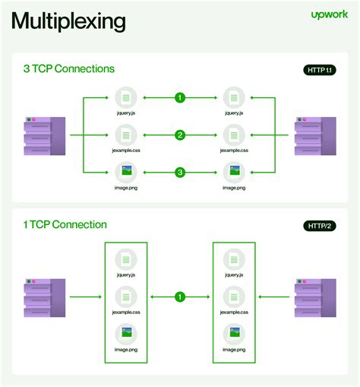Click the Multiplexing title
[68, 21]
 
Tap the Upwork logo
[329, 14]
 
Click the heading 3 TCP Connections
[69, 69]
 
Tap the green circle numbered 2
[180, 135]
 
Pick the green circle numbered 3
[180, 173]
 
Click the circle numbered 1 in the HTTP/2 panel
[180, 297]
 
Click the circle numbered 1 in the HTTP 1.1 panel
[180, 97]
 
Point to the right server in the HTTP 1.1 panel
[315, 135]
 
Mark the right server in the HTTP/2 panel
[315, 297]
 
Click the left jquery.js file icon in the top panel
[126, 97]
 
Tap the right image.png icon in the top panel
[234, 171]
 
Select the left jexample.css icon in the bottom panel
[126, 296]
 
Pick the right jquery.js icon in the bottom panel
[234, 258]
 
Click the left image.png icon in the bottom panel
[126, 334]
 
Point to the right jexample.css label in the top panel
[234, 151]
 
